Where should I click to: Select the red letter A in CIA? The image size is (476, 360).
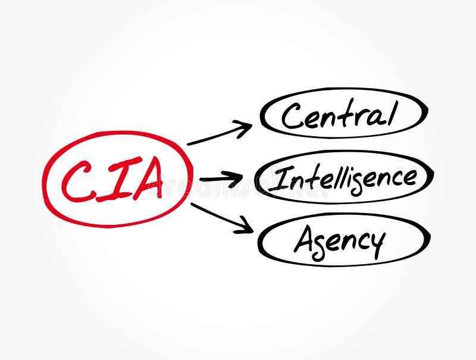point(146,179)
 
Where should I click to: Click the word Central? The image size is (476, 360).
point(339,115)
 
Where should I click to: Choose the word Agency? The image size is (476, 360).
point(339,240)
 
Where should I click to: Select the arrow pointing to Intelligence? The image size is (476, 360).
point(221,178)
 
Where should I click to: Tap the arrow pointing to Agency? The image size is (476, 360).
point(221,218)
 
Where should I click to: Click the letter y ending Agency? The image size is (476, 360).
point(376,244)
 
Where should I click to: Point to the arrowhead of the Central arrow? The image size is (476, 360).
point(246,127)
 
